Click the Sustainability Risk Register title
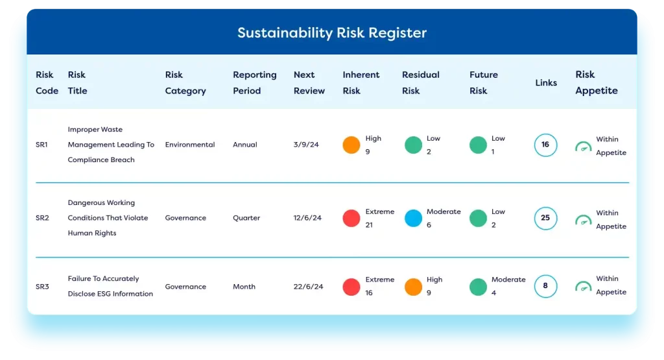point(331,33)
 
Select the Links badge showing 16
point(545,145)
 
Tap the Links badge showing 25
point(545,218)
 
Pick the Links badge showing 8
point(545,286)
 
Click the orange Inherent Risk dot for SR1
point(351,145)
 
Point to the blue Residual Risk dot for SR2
point(413,218)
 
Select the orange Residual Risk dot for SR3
point(413,287)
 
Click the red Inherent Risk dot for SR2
point(351,218)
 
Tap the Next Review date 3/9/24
point(306,145)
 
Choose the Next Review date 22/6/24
point(308,287)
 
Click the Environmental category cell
point(190,145)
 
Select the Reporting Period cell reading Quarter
point(246,218)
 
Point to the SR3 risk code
point(42,287)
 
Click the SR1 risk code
point(41,145)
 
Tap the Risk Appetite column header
point(597,82)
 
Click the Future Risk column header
point(483,82)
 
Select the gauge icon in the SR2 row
point(583,220)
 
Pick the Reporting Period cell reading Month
point(244,287)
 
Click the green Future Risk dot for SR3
point(478,287)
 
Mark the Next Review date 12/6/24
point(308,218)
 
